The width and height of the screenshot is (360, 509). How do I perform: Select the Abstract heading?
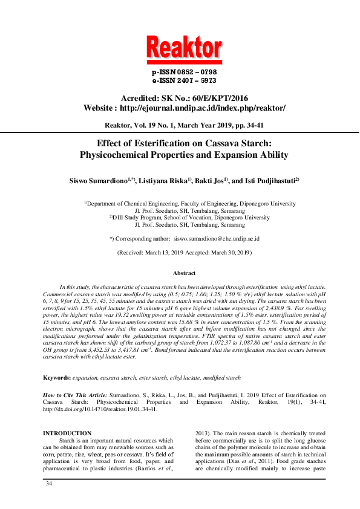180,274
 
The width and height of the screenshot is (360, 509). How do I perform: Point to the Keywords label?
56,378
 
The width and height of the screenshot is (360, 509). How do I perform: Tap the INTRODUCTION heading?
67,433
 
